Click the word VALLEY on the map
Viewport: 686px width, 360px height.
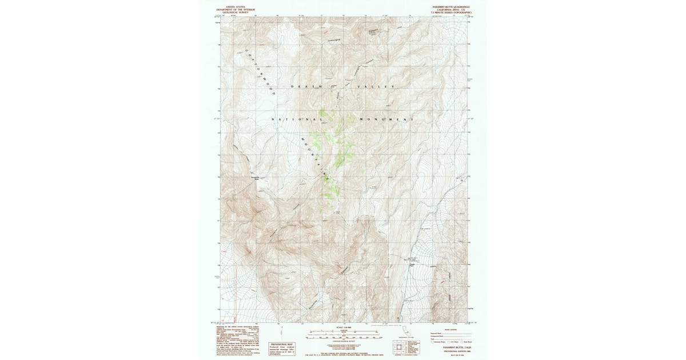pyautogui.click(x=375, y=86)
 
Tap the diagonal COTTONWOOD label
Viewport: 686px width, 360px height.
pyautogui.click(x=261, y=72)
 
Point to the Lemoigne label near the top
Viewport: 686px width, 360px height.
pyautogui.click(x=335, y=41)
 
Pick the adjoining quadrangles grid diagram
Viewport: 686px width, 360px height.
pyautogui.click(x=400, y=345)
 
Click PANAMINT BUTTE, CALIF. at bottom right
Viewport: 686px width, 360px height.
pyautogui.click(x=448, y=347)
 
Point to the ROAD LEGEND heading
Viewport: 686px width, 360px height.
pyautogui.click(x=448, y=329)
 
